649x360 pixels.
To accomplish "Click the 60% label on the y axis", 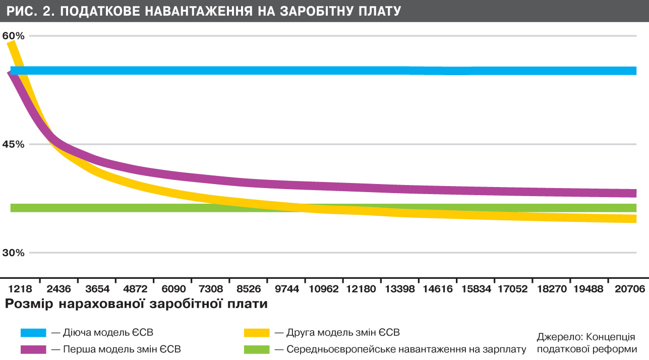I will pos(13,36).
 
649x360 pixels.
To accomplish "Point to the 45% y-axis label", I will pos(13,144).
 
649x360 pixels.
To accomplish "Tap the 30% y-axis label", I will pos(13,253).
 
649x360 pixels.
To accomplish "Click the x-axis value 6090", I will pos(173,289).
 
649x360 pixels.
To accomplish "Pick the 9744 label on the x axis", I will pos(287,289).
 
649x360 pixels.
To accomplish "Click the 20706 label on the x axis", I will pos(628,289).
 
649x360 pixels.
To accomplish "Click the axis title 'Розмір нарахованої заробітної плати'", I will pos(136,304).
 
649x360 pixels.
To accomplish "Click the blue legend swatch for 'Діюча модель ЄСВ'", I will pos(33,333).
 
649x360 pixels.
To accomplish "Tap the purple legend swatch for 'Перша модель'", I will pos(33,349).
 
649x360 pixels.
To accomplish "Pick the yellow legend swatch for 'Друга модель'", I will pos(256,333).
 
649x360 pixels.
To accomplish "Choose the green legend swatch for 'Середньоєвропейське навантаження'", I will pos(256,349).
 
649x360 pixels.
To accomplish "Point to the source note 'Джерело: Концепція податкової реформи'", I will pos(586,343).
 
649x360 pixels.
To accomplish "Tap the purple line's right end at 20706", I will pos(633,193).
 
